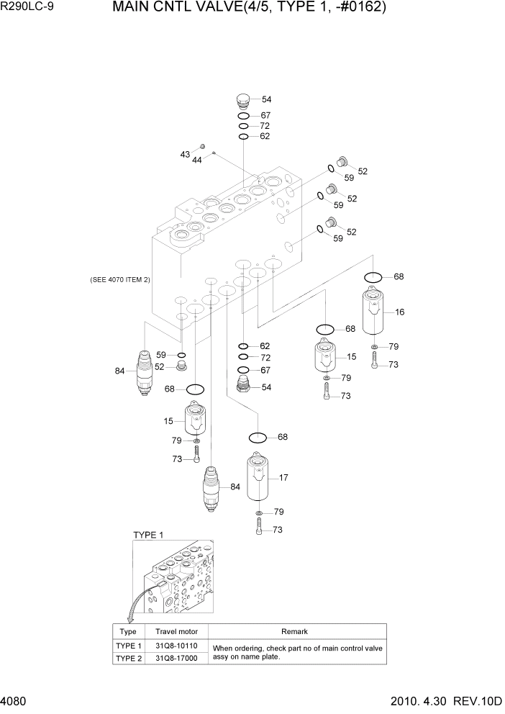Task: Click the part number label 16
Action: click(x=400, y=312)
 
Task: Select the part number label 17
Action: click(x=283, y=476)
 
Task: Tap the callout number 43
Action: click(x=185, y=155)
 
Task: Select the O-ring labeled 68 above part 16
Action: click(x=374, y=277)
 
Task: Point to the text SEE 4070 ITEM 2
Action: click(x=120, y=279)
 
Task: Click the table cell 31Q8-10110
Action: click(x=177, y=646)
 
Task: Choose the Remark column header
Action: click(x=294, y=631)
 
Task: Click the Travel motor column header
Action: click(x=177, y=631)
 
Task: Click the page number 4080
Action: click(x=16, y=701)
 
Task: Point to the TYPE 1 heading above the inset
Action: click(x=149, y=535)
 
